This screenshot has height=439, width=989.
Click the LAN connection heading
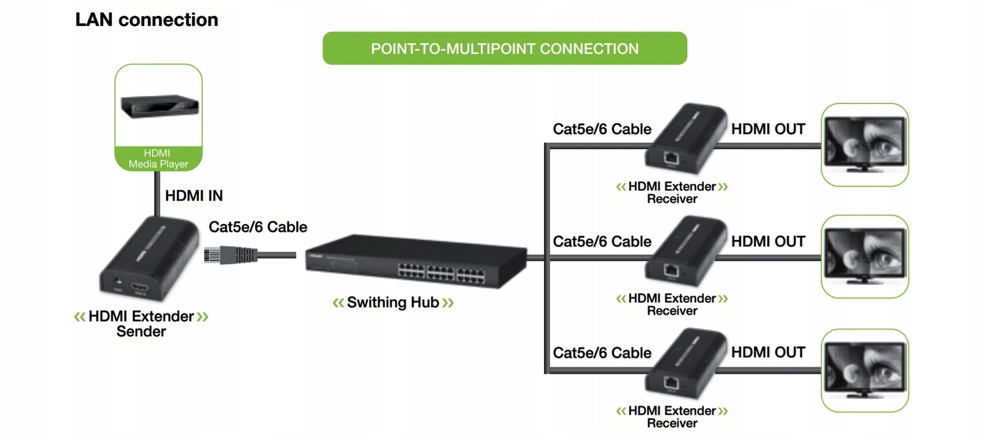coord(146,20)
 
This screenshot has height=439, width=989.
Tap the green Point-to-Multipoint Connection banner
coord(504,49)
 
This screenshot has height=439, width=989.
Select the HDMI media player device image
coord(159,106)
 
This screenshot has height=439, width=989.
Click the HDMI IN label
coord(193,196)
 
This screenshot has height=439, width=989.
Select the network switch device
coord(415,261)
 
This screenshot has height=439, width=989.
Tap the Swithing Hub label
coord(393,302)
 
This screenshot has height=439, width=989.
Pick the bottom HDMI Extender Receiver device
coord(686,364)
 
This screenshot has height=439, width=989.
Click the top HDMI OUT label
coord(768,129)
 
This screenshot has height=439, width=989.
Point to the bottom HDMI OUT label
coord(768,352)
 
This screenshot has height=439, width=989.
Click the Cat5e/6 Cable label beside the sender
coord(258,227)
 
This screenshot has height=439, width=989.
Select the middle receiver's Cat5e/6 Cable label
coord(602,242)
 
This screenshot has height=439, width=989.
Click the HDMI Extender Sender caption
coord(141,324)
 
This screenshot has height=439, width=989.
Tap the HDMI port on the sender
coord(140,288)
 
